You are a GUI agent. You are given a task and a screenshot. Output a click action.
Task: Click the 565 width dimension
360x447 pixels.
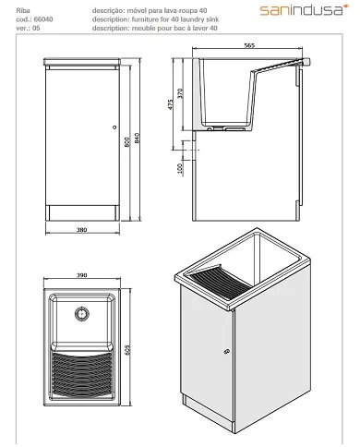pos(248,43)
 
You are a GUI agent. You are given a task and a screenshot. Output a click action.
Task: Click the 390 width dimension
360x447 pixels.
pos(80,275)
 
